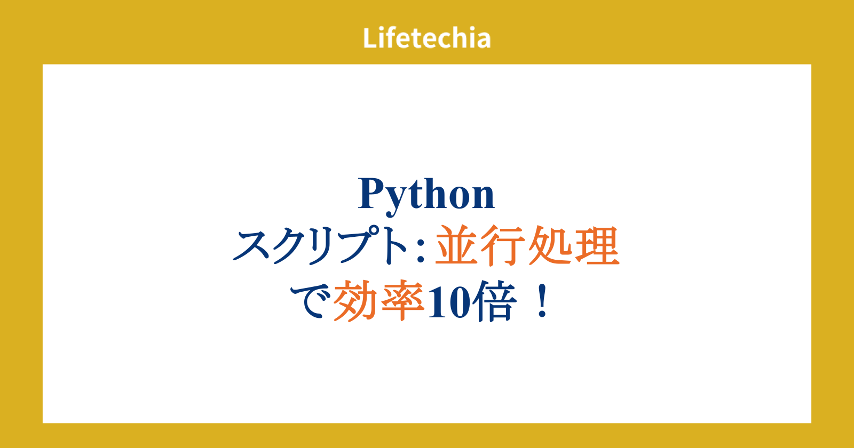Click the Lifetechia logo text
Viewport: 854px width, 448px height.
(426, 38)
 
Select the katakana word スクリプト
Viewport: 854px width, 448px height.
(320, 246)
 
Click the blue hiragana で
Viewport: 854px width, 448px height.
(310, 301)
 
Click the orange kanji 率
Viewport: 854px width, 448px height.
(402, 301)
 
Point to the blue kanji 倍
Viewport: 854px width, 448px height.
(494, 301)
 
